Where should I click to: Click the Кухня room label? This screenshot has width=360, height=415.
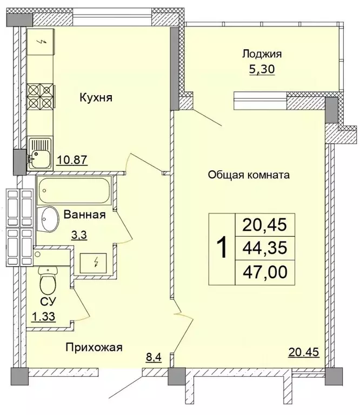coord(95,98)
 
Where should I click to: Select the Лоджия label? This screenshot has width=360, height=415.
coord(262,54)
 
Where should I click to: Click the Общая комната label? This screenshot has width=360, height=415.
coord(249,175)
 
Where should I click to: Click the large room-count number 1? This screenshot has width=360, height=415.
coord(222,249)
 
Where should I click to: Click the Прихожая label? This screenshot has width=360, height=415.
coord(94,347)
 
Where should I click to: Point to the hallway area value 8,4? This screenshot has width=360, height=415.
coord(154,356)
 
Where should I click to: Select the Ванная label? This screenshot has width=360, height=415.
coord(84,215)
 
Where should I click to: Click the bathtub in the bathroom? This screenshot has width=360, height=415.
coord(74,191)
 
